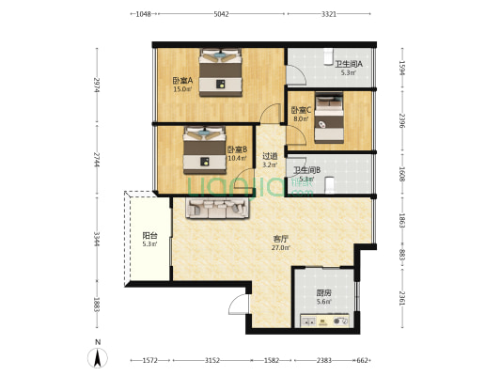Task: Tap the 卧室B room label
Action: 237,149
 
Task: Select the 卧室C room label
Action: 301,111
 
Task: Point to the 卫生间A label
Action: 349,64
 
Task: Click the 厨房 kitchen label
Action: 323,292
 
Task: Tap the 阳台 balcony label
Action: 149,236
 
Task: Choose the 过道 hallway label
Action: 270,156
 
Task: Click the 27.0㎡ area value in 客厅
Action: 281,247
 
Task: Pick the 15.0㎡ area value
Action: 182,89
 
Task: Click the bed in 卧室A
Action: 221,72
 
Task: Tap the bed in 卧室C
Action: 329,117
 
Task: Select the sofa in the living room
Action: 217,208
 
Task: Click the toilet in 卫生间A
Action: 328,56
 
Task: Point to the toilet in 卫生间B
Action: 329,185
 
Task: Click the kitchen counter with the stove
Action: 324,321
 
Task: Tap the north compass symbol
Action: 98,357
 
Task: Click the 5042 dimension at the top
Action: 221,14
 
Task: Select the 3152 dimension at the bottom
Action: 212,360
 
